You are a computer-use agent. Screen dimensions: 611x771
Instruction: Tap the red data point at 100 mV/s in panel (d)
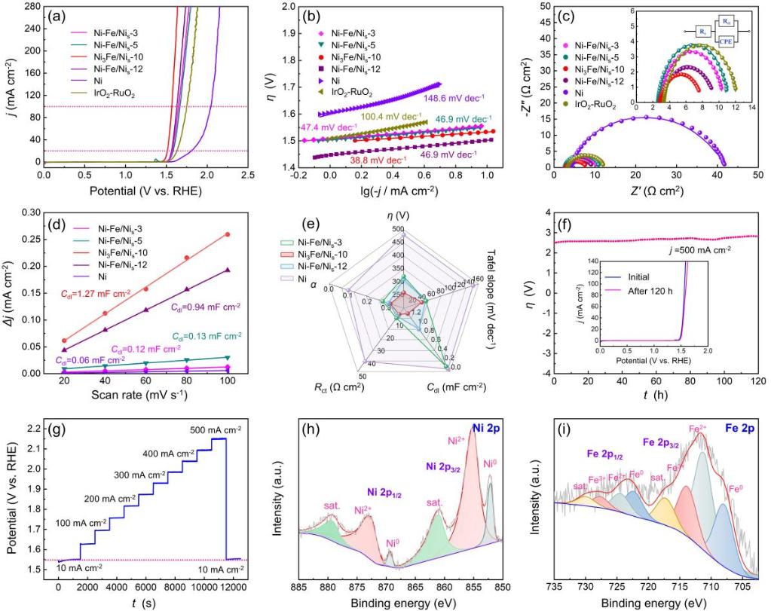pos(227,234)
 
